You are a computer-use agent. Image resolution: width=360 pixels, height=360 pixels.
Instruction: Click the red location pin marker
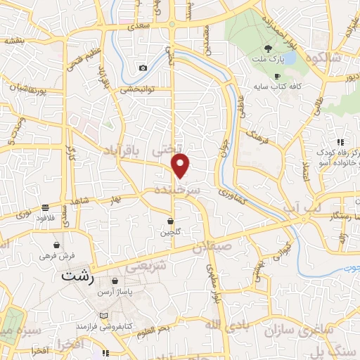181,166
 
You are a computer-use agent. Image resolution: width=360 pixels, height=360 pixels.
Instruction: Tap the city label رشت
77,275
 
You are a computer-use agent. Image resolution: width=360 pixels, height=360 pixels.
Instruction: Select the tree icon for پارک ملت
267,49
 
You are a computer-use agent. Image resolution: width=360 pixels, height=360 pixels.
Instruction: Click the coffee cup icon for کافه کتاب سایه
277,76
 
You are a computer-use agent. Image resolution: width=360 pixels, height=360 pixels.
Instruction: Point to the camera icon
143,67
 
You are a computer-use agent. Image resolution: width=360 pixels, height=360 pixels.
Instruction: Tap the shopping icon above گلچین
172,222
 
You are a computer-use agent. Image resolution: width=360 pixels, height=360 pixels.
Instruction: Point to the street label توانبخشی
137,89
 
